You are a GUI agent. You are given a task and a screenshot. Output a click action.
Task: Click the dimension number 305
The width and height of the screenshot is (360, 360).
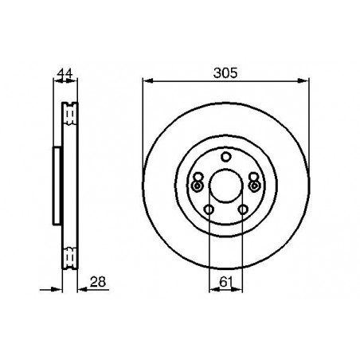225,73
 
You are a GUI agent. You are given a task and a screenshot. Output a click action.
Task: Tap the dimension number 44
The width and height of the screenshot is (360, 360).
65,73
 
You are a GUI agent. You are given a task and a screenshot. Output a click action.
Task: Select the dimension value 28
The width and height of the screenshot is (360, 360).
98,282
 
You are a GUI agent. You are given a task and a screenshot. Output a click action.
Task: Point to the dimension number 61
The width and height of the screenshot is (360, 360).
226,282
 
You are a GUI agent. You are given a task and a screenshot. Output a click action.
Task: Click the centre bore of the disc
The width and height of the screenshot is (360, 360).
226,186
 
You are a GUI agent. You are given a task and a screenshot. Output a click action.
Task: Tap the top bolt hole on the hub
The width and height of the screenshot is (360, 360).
225,157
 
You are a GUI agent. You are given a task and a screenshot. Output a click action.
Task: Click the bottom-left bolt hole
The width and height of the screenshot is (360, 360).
209,209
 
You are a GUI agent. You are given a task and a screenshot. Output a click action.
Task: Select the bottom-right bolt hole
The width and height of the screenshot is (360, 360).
243,209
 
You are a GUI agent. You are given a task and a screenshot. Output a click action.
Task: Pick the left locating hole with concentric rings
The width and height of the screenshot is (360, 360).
197,186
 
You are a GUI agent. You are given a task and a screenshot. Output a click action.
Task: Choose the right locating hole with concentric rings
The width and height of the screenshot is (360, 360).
254,186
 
